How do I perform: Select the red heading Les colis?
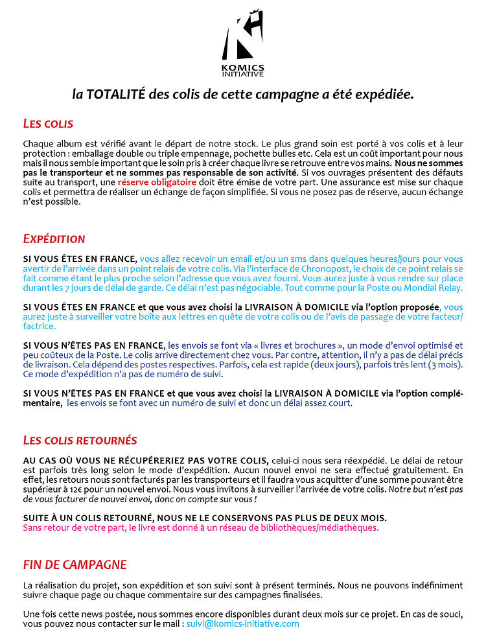pos(48,123)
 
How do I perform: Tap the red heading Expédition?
pos(54,238)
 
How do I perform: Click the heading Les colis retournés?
pos(80,441)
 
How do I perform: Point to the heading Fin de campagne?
pos(75,565)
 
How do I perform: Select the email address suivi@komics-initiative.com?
pos(242,623)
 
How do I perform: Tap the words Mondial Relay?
pos(439,288)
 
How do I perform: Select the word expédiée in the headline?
pos(382,95)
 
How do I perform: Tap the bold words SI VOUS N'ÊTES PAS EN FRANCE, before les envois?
pos(94,345)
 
